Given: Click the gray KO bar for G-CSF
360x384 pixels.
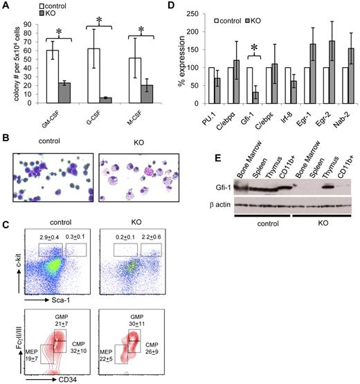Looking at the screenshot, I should click(107, 99).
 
